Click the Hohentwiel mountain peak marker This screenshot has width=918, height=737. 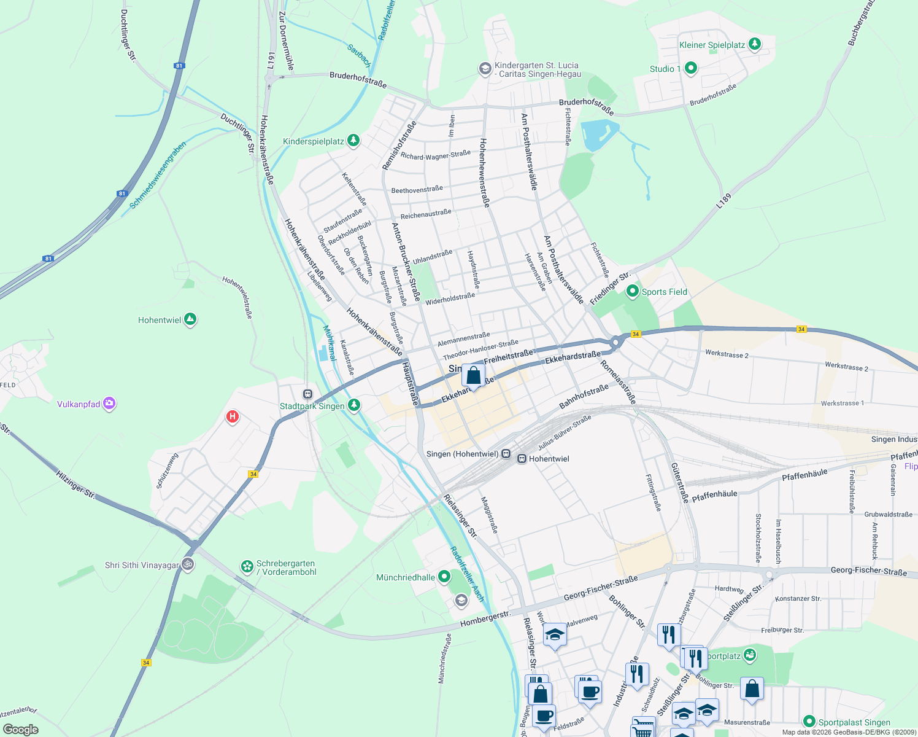click(190, 319)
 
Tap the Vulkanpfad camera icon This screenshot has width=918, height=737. click(109, 404)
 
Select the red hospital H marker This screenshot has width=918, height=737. click(233, 417)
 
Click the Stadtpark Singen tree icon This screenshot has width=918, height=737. click(353, 405)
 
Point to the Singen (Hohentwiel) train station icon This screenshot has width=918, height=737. click(506, 454)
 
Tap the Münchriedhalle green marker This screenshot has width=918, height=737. click(444, 577)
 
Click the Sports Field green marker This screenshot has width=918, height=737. click(632, 292)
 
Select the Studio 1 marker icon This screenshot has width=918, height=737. click(690, 68)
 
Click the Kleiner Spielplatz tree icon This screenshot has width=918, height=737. click(755, 44)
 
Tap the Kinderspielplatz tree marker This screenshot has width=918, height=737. click(353, 141)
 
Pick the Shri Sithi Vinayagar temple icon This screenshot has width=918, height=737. click(188, 565)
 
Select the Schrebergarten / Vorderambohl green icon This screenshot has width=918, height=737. click(247, 566)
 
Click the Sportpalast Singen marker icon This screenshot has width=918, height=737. click(809, 722)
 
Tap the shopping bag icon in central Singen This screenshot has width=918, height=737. click(473, 375)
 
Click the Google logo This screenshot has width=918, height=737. click(20, 729)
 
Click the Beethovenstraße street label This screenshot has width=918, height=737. click(417, 190)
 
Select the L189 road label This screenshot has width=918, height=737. click(724, 201)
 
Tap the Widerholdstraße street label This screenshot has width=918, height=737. click(450, 298)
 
